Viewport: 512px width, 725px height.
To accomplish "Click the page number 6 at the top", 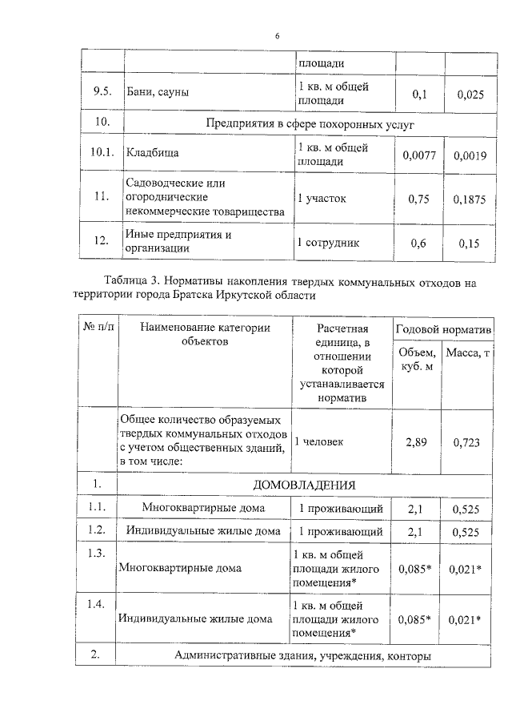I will [x=277, y=36].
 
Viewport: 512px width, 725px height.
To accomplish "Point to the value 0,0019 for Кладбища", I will [x=470, y=155].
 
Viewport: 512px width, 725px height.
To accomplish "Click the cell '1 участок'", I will [x=322, y=199].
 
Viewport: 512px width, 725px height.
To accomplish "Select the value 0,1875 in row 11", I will [x=470, y=199].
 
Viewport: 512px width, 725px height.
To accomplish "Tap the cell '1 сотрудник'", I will [x=328, y=243].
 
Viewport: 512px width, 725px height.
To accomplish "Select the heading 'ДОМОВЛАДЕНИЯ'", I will [x=303, y=485].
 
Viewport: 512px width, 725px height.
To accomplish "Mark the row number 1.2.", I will [x=98, y=530].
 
